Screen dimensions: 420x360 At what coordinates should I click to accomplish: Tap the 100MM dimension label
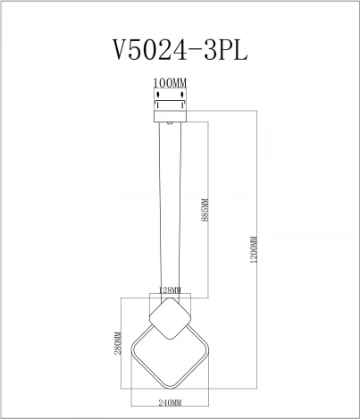pyautogui.click(x=170, y=83)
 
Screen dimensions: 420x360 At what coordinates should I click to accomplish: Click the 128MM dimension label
pyautogui.click(x=170, y=290)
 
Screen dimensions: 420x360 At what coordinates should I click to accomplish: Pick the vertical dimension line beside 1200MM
pyautogui.click(x=262, y=250)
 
